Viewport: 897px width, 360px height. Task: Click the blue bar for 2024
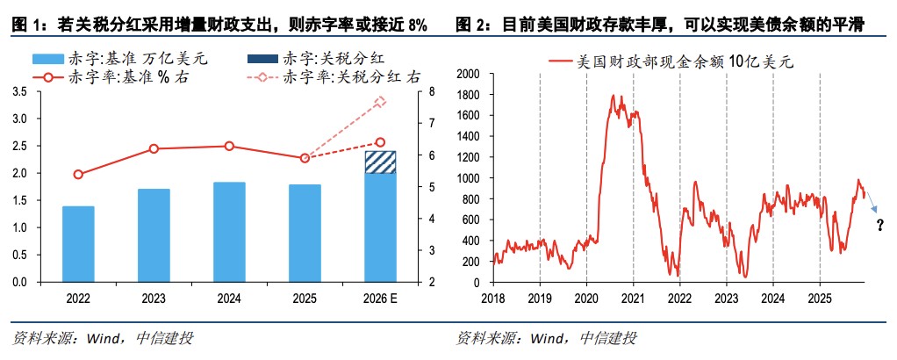pyautogui.click(x=229, y=232)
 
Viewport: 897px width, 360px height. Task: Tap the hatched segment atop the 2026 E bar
pyautogui.click(x=380, y=162)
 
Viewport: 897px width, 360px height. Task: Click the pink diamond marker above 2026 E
pyautogui.click(x=380, y=102)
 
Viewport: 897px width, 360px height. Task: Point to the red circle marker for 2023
pyautogui.click(x=154, y=149)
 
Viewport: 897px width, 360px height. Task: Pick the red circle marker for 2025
pyautogui.click(x=305, y=158)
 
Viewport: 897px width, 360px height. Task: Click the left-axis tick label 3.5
pyautogui.click(x=19, y=91)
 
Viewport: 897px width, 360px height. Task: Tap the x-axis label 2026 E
pyautogui.click(x=380, y=299)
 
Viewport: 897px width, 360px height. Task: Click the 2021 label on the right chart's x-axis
pyautogui.click(x=632, y=299)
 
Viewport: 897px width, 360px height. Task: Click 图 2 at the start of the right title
pyautogui.click(x=470, y=25)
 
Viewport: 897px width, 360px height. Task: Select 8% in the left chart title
pyautogui.click(x=417, y=25)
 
